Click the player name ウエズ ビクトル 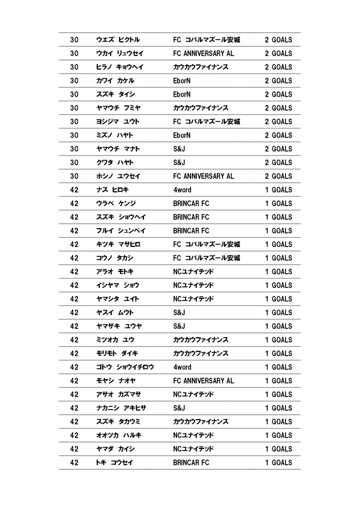pos(118,40)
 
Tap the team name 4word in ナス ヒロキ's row pos(182,190)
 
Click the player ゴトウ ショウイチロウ pos(125,367)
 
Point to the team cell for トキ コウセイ pos(191,462)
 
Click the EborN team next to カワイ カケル pos(181,81)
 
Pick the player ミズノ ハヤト pos(114,135)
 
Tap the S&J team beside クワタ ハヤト pos(179,162)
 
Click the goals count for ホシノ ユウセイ pos(278,176)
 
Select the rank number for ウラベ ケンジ pos(74,203)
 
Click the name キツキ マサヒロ pos(118,244)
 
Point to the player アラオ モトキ pos(114,272)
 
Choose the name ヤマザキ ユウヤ pos(119,326)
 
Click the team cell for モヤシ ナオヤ pos(203,381)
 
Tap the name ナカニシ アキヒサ pos(121,408)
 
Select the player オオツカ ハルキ pos(118,435)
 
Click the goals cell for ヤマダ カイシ pos(278,449)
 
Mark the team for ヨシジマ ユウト pos(206,122)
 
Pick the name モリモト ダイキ pos(117,353)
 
